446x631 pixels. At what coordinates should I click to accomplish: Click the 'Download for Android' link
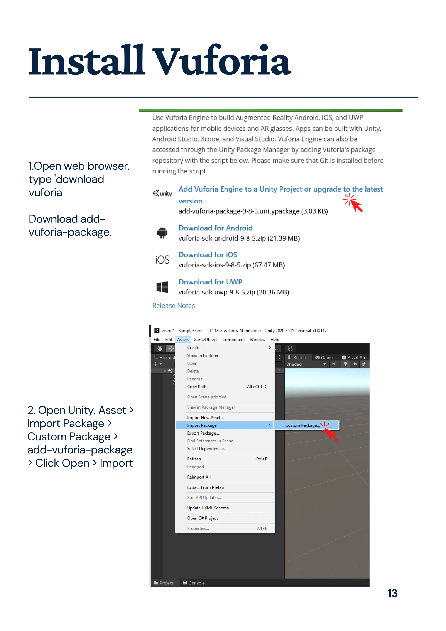(x=215, y=228)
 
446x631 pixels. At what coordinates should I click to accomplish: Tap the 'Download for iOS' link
(x=208, y=255)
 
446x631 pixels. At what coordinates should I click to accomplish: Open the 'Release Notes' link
(x=173, y=306)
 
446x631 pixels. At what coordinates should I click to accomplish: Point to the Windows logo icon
(x=162, y=287)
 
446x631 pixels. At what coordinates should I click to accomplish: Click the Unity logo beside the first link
(x=162, y=193)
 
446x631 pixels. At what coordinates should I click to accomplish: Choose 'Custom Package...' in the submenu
(x=302, y=425)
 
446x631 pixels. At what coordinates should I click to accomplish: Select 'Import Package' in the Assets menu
(x=202, y=425)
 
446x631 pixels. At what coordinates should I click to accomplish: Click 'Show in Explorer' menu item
(x=203, y=355)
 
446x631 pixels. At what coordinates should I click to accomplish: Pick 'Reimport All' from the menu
(x=199, y=477)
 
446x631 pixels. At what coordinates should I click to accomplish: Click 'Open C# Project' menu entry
(x=202, y=518)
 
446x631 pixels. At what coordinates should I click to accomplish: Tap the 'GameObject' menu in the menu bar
(x=205, y=339)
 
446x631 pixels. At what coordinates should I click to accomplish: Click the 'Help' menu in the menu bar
(x=275, y=339)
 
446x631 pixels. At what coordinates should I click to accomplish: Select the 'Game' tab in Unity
(x=324, y=357)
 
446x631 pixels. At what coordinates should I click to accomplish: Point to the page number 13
(x=392, y=593)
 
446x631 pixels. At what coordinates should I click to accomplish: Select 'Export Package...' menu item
(x=203, y=433)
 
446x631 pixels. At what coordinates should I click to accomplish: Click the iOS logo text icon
(x=162, y=260)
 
